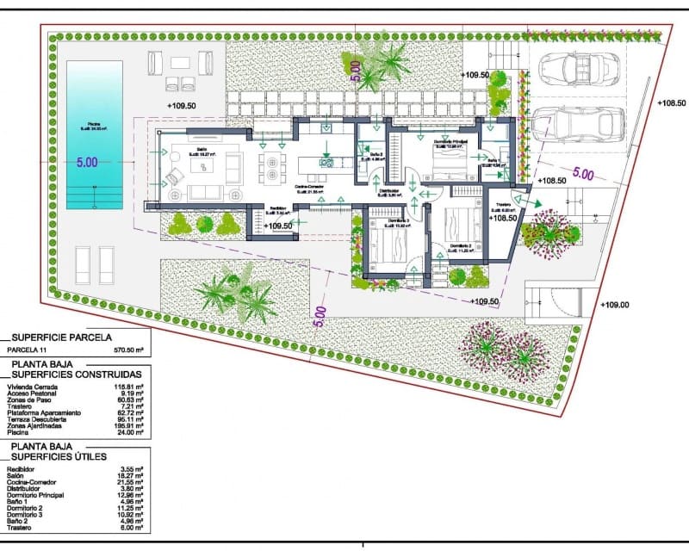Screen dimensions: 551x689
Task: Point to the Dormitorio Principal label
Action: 449,145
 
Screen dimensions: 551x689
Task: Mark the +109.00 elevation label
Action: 615,304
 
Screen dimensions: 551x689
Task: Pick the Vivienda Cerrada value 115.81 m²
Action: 127,388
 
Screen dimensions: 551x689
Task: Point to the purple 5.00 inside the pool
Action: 87,162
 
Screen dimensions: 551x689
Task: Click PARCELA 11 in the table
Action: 28,351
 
